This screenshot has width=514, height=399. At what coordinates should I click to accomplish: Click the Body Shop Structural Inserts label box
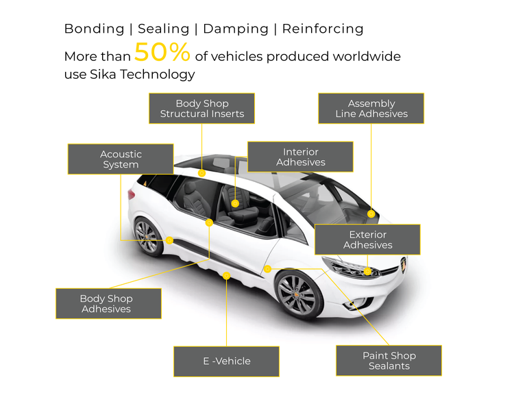point(201,109)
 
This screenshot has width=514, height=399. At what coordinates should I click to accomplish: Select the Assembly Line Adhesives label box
point(371,109)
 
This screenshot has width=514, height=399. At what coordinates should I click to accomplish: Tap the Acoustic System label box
point(120,159)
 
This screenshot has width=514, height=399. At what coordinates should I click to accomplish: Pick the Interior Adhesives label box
point(300,157)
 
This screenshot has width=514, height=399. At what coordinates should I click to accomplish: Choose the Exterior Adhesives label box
point(367,240)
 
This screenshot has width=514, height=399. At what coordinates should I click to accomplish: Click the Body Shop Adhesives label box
point(108,304)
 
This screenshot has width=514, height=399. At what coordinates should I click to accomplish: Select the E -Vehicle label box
point(226,361)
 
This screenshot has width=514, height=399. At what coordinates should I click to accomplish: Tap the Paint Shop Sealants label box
point(389,361)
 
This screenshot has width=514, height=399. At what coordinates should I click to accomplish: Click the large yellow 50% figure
point(162,53)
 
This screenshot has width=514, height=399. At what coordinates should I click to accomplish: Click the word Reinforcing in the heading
point(323,29)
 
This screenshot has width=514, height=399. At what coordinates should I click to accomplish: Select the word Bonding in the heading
point(94,29)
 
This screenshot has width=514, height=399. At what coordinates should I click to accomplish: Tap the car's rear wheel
point(148,236)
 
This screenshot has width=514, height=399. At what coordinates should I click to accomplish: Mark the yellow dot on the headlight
point(368,272)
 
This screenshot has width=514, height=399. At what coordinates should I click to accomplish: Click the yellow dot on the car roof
point(201,174)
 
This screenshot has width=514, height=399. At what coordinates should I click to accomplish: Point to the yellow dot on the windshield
point(371,214)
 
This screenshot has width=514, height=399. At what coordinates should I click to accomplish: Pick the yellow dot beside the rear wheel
point(169,240)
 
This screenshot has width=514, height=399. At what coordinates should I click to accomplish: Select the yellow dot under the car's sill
point(227,275)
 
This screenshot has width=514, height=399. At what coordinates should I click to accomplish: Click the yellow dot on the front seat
point(235,203)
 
